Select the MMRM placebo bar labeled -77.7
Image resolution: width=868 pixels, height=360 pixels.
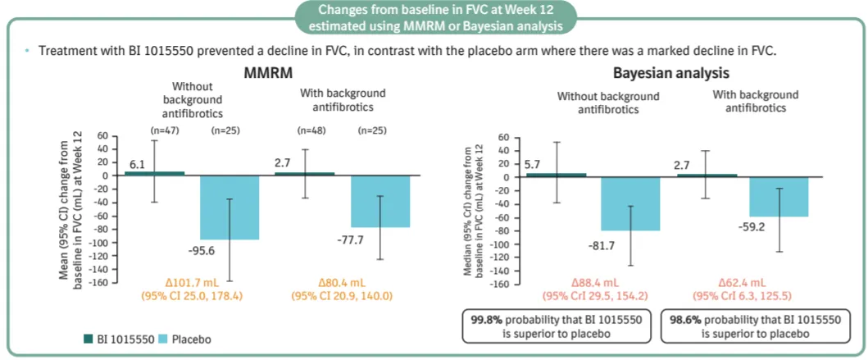point(380,201)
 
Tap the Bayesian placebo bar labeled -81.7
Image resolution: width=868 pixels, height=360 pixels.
point(631,203)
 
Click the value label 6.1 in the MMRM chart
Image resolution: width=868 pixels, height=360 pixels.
point(137,165)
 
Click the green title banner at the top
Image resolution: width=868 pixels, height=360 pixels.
point(434,18)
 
